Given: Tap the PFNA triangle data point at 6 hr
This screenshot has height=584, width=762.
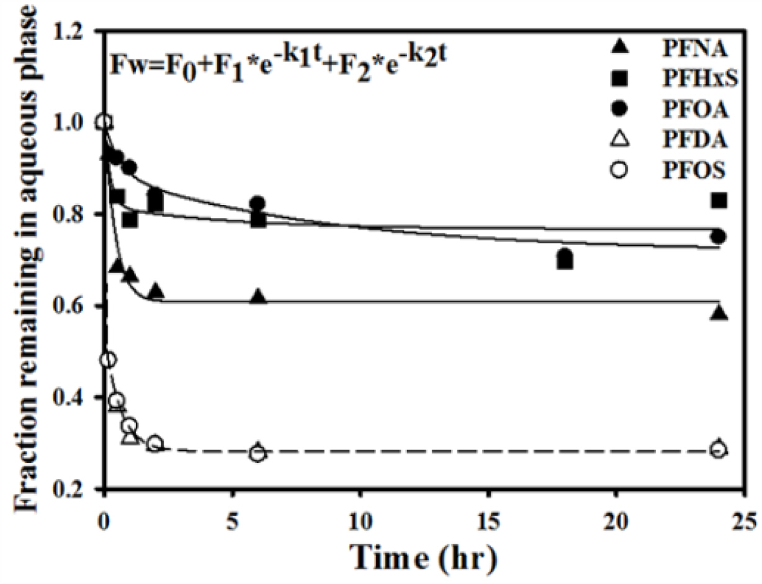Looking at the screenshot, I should pos(259,297).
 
